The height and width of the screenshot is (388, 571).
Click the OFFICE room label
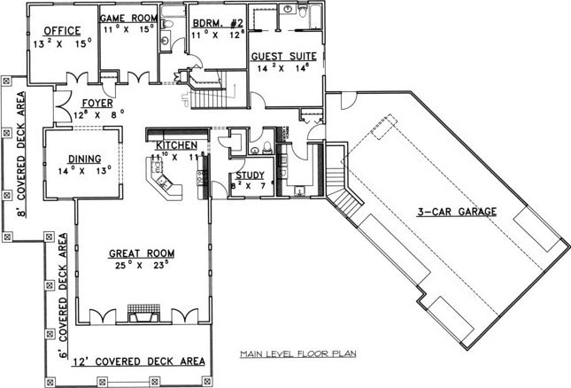[x=62, y=31]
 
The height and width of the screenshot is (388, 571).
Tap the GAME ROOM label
[x=128, y=18]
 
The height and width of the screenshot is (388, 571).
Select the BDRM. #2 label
[x=218, y=23]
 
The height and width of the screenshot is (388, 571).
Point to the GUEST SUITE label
[x=283, y=57]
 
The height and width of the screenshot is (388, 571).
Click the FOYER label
[x=97, y=104]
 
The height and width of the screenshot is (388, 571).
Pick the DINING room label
[x=85, y=159]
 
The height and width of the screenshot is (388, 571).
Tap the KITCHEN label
[x=177, y=145]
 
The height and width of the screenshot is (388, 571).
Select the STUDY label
[x=250, y=175]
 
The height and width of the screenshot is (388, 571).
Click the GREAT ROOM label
[x=142, y=253]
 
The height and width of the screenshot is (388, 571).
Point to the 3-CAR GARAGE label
[x=457, y=212]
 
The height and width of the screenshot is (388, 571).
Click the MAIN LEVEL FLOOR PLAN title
[x=298, y=353]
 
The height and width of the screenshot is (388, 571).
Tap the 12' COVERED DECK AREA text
[x=138, y=361]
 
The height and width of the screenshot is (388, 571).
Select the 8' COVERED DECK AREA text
[x=21, y=154]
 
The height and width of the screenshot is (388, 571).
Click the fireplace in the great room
[x=143, y=314]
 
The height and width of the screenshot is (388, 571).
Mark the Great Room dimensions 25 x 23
[x=142, y=265]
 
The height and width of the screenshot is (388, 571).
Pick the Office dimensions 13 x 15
[x=62, y=43]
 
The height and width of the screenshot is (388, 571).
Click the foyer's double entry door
[x=63, y=106]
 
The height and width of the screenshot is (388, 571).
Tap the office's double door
[x=77, y=78]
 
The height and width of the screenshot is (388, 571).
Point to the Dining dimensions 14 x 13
[x=84, y=170]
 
